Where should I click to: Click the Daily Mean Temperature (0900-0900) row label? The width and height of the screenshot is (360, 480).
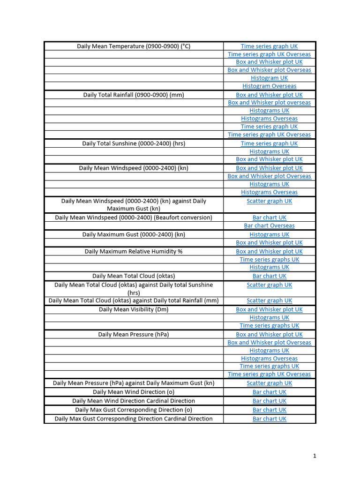[134, 46]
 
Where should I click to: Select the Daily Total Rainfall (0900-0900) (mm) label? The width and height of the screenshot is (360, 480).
[134, 95]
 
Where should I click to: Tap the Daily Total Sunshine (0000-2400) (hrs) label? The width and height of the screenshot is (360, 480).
[134, 143]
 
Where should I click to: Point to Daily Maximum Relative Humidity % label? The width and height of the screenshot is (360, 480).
[134, 251]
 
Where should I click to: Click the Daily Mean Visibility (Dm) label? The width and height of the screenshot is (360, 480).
[134, 309]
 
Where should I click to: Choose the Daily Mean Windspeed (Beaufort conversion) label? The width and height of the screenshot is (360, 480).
[134, 217]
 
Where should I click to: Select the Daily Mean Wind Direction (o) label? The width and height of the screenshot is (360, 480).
[134, 392]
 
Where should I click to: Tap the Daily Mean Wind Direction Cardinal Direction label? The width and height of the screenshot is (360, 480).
[134, 401]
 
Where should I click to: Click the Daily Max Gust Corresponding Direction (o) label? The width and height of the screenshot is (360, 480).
[134, 410]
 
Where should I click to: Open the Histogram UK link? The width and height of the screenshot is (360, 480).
[269, 78]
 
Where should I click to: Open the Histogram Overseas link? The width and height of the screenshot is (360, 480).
[269, 86]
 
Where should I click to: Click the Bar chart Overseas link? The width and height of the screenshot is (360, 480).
[269, 225]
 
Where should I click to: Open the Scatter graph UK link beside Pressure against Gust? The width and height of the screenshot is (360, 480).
[269, 383]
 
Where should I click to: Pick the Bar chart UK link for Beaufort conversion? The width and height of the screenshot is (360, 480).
[269, 217]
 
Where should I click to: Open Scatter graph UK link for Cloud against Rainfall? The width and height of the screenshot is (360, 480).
[269, 300]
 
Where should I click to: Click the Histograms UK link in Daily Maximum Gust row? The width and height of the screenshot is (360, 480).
[269, 234]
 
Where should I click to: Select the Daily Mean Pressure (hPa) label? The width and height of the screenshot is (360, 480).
[134, 334]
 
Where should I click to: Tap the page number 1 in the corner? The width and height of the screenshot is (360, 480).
[315, 456]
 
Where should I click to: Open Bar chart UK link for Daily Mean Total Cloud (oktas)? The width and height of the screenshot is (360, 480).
[269, 276]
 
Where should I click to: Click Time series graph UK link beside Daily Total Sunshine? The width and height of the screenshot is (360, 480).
[269, 143]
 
